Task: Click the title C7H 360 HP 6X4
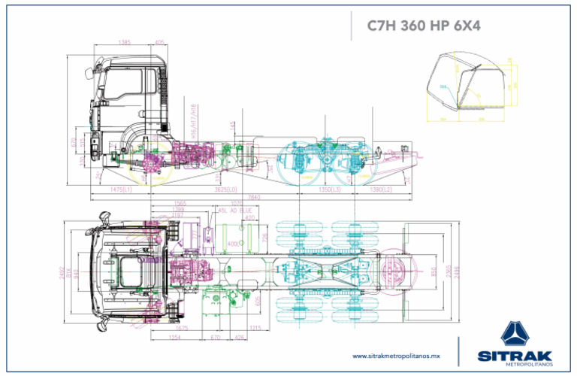click(x=423, y=26)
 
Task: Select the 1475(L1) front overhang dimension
click(x=121, y=190)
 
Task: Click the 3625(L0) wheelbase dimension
click(x=226, y=190)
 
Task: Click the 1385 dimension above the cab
click(x=125, y=43)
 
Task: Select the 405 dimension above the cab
click(x=160, y=43)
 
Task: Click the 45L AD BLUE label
click(x=235, y=211)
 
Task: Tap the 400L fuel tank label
click(x=233, y=244)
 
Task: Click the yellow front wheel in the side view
click(x=149, y=161)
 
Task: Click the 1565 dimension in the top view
click(x=180, y=204)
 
